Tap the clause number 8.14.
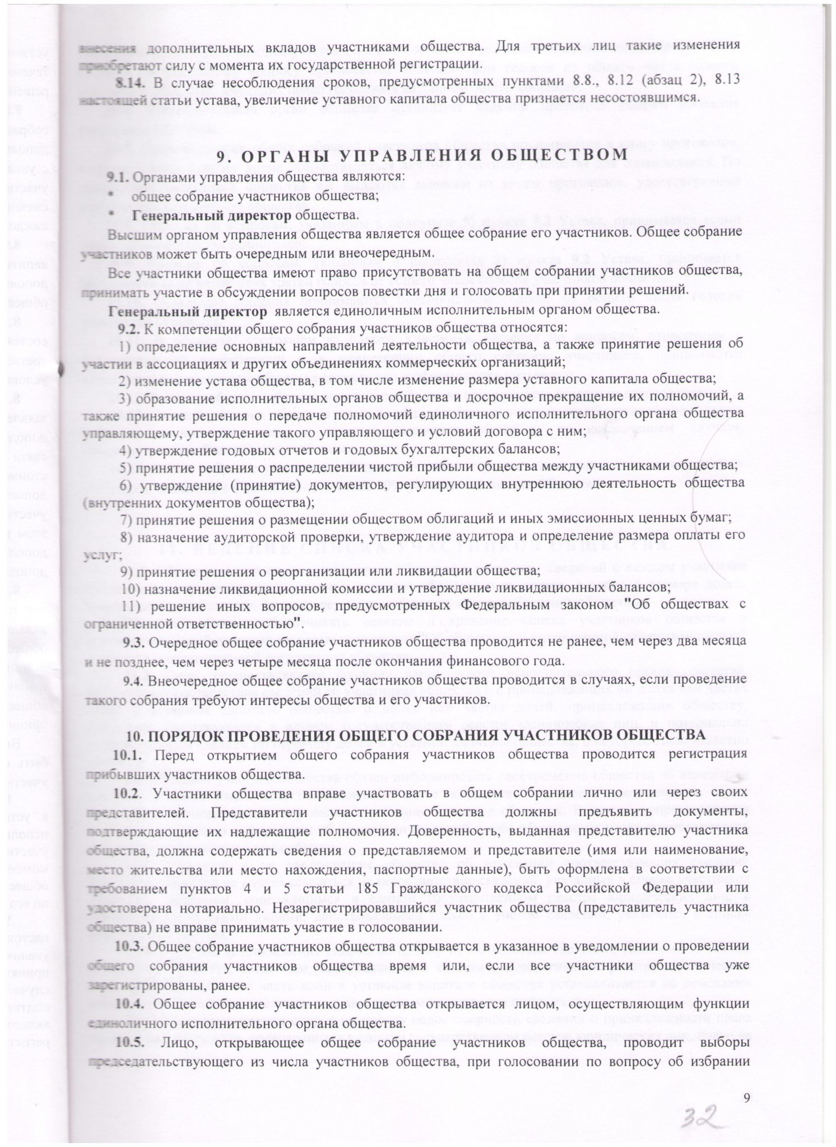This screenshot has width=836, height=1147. pyautogui.click(x=128, y=81)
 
